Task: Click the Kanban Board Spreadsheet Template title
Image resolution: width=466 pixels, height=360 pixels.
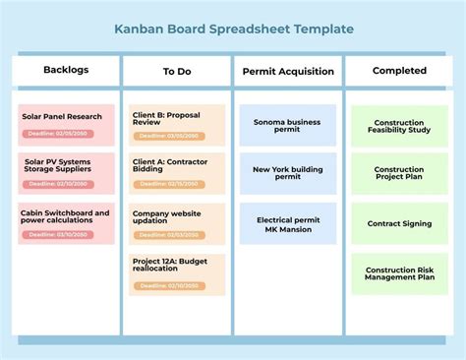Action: point(233,30)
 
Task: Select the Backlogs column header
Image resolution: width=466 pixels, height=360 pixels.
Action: point(66,70)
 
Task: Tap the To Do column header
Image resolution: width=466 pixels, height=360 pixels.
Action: point(177,71)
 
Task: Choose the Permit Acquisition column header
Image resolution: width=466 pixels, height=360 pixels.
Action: point(288,71)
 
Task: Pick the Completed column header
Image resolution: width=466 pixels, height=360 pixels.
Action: point(399,71)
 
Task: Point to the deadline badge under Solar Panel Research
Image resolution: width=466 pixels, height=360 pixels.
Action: point(59,133)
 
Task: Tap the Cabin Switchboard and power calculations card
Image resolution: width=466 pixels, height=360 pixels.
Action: point(66,221)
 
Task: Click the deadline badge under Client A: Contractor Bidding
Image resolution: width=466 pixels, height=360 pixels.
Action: point(170,183)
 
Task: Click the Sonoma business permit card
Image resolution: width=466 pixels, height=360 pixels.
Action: point(288,125)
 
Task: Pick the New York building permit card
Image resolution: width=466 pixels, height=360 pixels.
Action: point(288,173)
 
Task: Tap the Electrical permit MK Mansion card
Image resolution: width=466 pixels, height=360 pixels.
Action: point(288,223)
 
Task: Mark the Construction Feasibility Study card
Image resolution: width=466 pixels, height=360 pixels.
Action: point(399,125)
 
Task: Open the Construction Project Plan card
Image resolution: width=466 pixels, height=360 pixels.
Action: point(399,173)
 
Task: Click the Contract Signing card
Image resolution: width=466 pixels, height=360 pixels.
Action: point(399,223)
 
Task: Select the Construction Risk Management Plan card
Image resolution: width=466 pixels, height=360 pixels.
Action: point(399,272)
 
